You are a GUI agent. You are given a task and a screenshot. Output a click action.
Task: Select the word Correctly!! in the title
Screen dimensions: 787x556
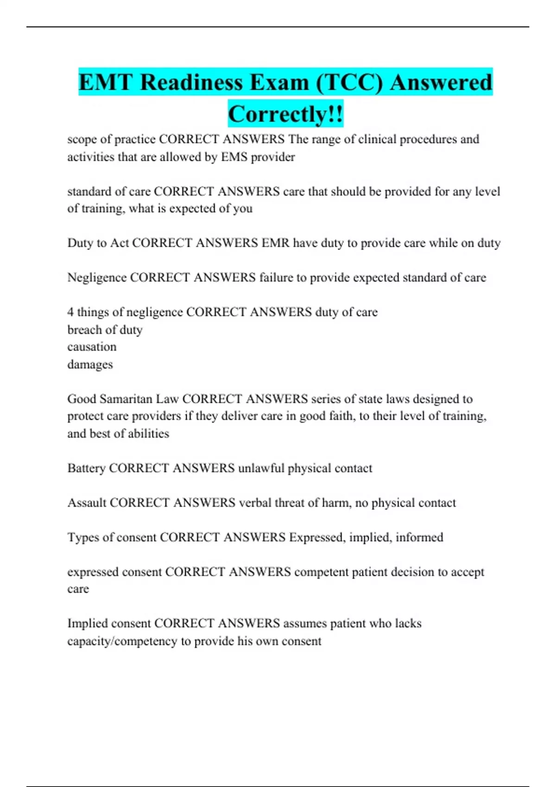pyautogui.click(x=285, y=114)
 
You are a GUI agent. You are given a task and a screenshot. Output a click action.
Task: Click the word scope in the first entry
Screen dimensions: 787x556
pyautogui.click(x=82, y=139)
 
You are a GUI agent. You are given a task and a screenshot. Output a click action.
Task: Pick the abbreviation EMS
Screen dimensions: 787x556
pyautogui.click(x=234, y=157)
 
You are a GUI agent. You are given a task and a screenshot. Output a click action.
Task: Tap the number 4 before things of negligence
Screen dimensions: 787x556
pyautogui.click(x=70, y=312)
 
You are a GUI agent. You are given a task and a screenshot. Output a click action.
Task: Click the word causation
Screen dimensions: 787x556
pyautogui.click(x=92, y=347)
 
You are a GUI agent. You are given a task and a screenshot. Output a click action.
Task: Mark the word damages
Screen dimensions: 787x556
pyautogui.click(x=90, y=364)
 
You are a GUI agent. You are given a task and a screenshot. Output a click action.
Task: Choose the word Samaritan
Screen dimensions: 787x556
pyautogui.click(x=125, y=399)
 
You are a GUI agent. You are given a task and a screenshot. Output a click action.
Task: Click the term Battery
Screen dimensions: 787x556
pyautogui.click(x=86, y=468)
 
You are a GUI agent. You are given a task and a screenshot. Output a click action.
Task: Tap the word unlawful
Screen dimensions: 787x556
pyautogui.click(x=261, y=468)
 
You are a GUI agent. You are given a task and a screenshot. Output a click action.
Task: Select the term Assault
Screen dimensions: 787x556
pyautogui.click(x=87, y=503)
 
